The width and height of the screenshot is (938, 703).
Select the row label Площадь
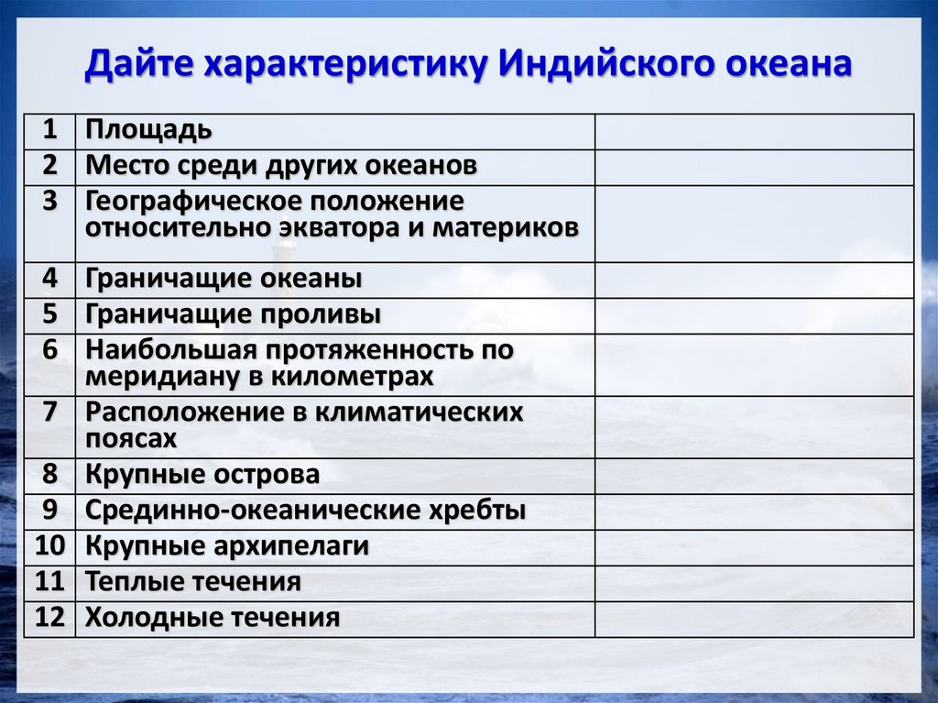148,131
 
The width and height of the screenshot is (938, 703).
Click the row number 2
49,166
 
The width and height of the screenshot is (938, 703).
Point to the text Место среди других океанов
281,166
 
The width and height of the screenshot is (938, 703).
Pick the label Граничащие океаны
224,279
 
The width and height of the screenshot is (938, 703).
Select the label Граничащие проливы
233,314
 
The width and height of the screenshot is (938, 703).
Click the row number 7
49,412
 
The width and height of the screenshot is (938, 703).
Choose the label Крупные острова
202,475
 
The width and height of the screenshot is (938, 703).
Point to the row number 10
49,546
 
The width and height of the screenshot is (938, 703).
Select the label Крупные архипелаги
227,546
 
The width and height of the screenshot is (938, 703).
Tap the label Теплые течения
192,582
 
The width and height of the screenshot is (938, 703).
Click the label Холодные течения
213,618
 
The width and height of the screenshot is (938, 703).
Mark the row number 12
49,618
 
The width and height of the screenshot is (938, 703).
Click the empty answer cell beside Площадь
754,131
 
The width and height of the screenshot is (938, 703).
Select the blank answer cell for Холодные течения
754,619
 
